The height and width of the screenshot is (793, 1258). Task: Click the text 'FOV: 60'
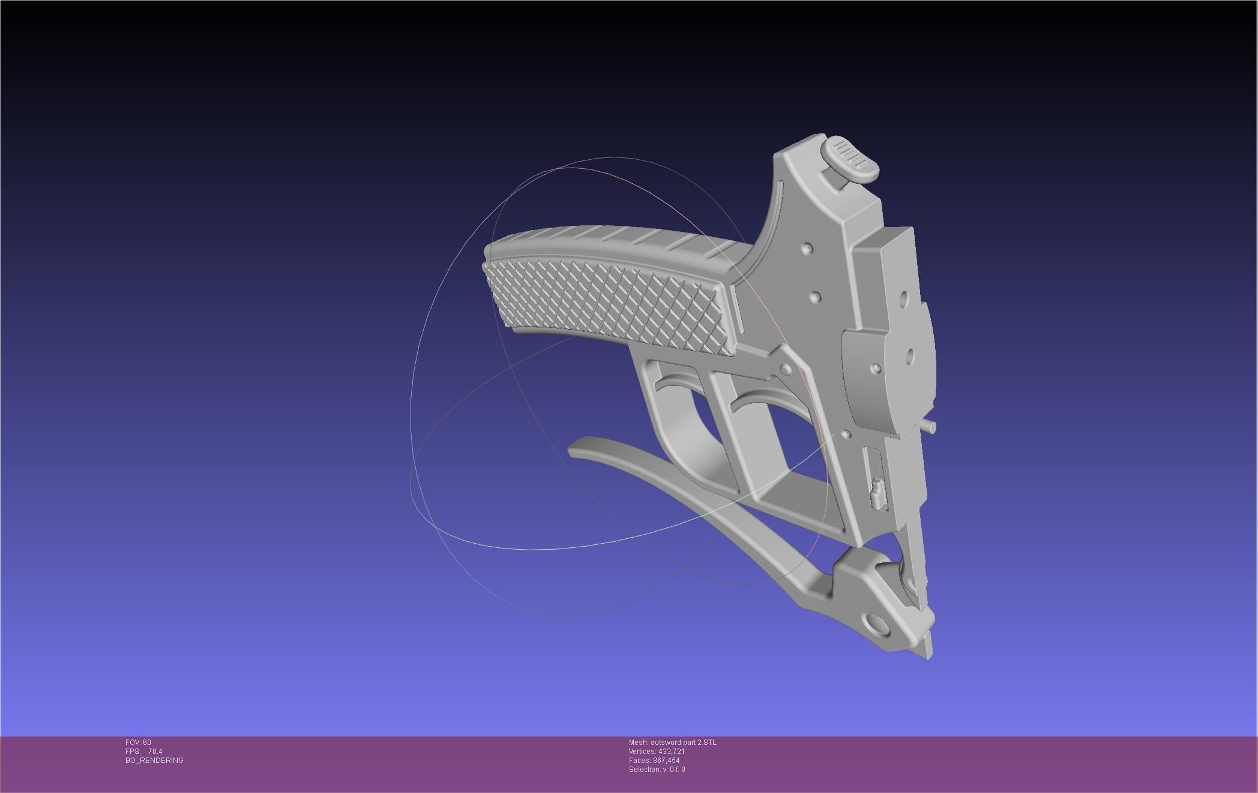[138, 743]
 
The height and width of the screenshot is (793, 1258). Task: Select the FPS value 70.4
[155, 752]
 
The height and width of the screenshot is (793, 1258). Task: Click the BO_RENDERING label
[154, 761]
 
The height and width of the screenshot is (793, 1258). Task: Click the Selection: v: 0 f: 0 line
[657, 770]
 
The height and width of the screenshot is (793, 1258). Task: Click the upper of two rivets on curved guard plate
[807, 248]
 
